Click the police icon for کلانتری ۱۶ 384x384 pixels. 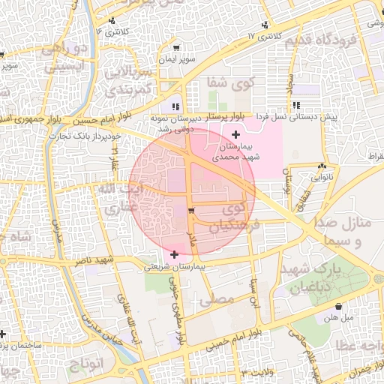click(x=111, y=20)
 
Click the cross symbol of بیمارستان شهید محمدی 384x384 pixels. click(x=236, y=135)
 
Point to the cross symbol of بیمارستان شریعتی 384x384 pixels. click(x=175, y=255)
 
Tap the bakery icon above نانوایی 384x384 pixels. click(x=322, y=166)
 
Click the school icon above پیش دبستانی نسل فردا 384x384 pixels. click(x=297, y=105)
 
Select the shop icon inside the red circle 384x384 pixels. click(x=192, y=211)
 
